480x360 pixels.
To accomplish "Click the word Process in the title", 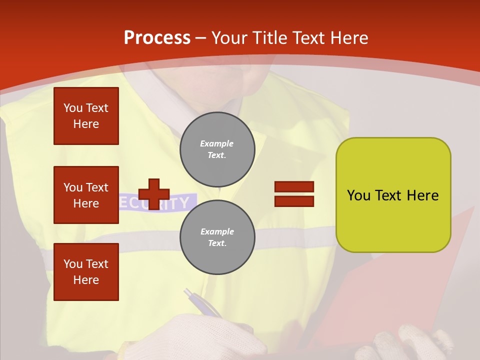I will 157,38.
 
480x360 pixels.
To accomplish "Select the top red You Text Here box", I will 86,116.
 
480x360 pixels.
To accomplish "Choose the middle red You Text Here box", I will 86,195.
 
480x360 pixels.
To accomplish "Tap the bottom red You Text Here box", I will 86,272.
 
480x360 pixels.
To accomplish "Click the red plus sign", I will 153,194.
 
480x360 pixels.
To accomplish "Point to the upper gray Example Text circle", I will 217,149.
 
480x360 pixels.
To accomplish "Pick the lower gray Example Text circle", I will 217,237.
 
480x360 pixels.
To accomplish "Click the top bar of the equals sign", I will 294,187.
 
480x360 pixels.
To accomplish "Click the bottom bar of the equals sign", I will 294,201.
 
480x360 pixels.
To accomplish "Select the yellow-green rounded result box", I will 393,195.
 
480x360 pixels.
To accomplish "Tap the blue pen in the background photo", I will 202,303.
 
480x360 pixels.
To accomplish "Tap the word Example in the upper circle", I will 217,143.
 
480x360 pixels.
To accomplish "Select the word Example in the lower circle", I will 217,231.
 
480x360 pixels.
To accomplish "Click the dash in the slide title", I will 201,38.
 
